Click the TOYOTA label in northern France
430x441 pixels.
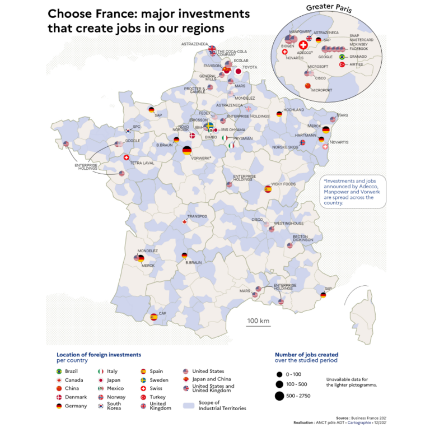pyautogui.click(x=250, y=67)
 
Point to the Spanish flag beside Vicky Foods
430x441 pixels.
pyautogui.click(x=268, y=189)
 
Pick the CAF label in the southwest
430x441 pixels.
pyautogui.click(x=162, y=313)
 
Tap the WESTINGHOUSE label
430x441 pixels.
pyautogui.click(x=288, y=223)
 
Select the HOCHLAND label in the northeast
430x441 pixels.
pyautogui.click(x=295, y=110)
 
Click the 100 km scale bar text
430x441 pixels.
pyautogui.click(x=258, y=321)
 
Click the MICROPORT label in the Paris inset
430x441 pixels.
pyautogui.click(x=322, y=90)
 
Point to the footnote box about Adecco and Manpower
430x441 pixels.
pyautogui.click(x=353, y=192)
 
